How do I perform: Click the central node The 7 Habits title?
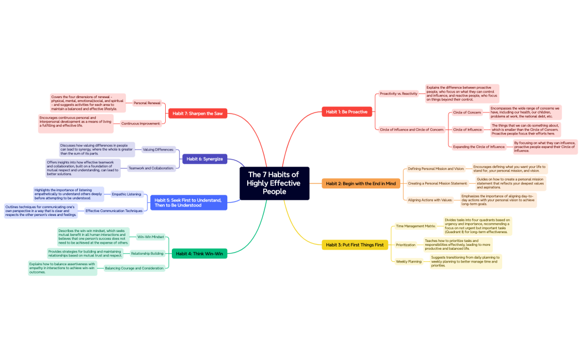click(274, 183)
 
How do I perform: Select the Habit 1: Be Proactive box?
click(346, 112)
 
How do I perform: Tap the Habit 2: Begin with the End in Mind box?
click(360, 183)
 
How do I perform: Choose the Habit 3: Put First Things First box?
click(354, 245)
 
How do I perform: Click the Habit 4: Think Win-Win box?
click(200, 254)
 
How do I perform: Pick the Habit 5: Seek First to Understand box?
click(188, 202)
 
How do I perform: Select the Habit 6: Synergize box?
click(205, 159)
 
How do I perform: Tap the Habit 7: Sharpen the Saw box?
click(197, 114)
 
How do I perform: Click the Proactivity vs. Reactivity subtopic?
click(399, 94)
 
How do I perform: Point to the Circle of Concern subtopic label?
click(467, 112)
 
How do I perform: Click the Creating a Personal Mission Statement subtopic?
click(437, 183)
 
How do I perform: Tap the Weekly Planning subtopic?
click(409, 261)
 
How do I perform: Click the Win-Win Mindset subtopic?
click(151, 236)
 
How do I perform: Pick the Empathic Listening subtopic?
click(126, 194)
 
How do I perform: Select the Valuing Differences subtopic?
click(159, 150)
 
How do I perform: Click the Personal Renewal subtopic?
click(147, 103)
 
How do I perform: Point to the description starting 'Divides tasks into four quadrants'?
click(477, 226)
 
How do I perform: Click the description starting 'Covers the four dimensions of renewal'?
click(88, 103)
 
